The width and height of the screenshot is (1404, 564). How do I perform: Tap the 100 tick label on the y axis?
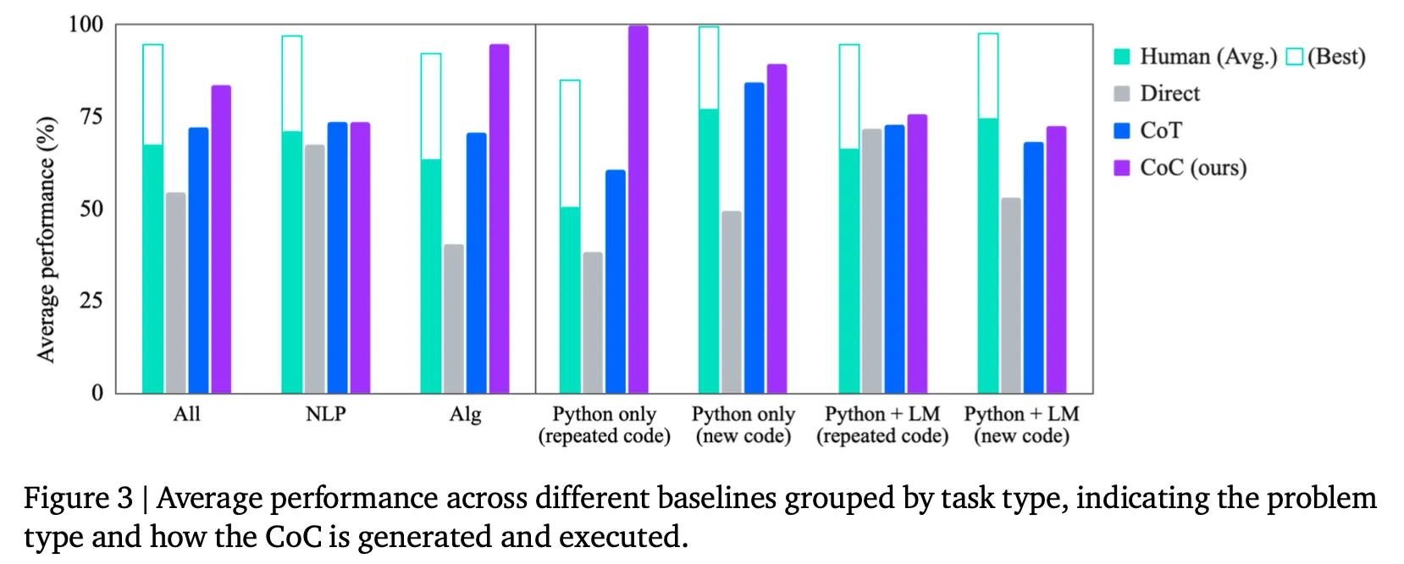coord(86,25)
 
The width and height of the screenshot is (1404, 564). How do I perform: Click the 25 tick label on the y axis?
coord(91,301)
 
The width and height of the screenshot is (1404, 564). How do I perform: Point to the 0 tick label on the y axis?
coord(97,393)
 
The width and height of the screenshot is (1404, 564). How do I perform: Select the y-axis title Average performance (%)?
coord(47,240)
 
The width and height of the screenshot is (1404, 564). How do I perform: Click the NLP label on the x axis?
coord(326,414)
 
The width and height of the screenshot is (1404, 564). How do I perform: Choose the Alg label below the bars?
coord(465,414)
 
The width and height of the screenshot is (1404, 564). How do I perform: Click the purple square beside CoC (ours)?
coord(1122,168)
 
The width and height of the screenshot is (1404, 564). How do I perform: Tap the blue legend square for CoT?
coord(1122,130)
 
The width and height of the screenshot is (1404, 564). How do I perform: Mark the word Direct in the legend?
coord(1169,93)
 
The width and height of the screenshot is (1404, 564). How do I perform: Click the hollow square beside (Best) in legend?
coord(1294,57)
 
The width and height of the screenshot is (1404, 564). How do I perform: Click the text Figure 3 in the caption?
coord(78,498)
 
